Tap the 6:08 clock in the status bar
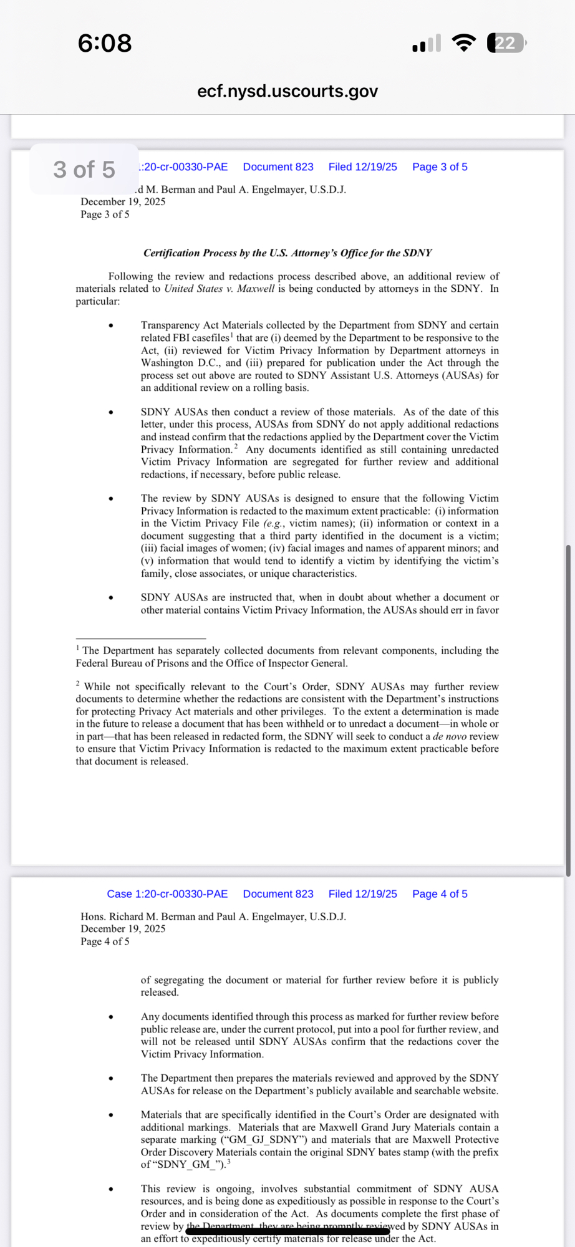click(x=105, y=43)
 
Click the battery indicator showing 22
click(x=506, y=43)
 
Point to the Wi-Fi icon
click(x=463, y=43)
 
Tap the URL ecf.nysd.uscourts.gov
click(x=287, y=91)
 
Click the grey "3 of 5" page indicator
click(x=84, y=170)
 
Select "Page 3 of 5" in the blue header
click(x=440, y=167)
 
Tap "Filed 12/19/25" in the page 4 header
click(x=362, y=894)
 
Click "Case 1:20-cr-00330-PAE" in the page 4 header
click(x=167, y=894)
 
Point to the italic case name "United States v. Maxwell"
click(x=219, y=289)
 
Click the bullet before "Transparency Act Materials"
click(x=111, y=325)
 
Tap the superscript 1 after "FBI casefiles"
click(x=231, y=335)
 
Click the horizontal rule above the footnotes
click(x=141, y=638)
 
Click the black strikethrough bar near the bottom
click(x=288, y=1231)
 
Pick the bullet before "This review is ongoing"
click(x=111, y=1189)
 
